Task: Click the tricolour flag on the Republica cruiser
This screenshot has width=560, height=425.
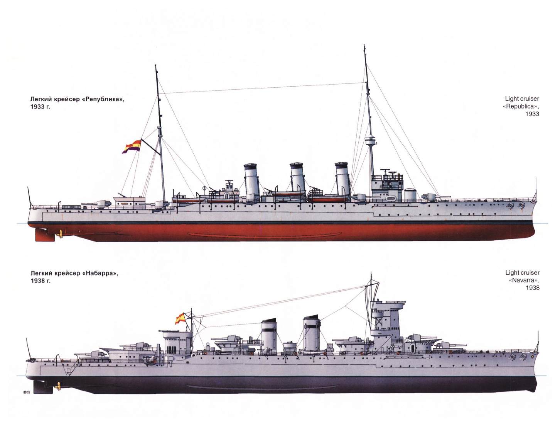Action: point(132,147)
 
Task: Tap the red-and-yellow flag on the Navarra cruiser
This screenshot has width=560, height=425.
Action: point(180,318)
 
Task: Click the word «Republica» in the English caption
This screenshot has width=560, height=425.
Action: point(521,106)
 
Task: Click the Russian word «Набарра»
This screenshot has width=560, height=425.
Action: point(100,273)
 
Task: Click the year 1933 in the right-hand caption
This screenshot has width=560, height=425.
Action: point(532,114)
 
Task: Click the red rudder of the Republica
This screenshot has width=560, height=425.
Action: point(45,234)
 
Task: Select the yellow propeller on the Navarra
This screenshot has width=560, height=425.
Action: point(59,386)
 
